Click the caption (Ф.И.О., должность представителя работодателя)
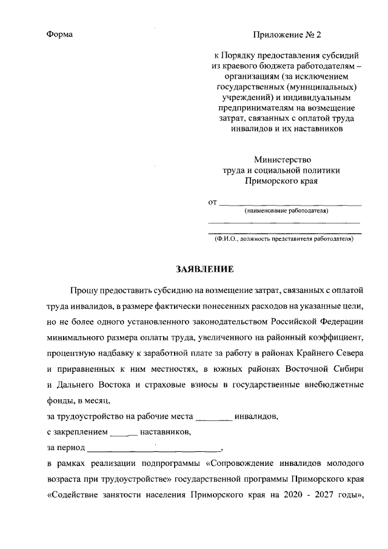pos(284,239)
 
